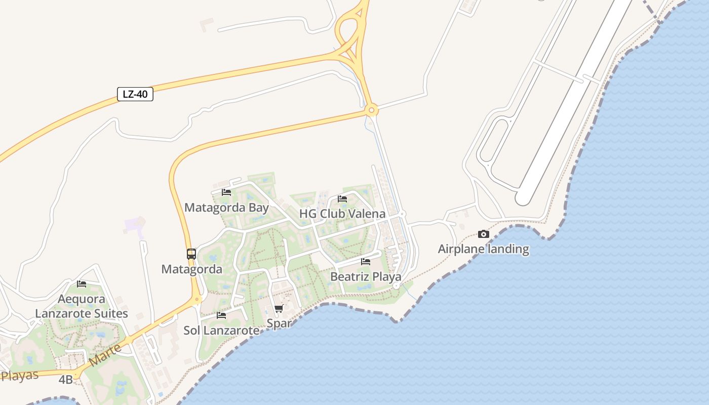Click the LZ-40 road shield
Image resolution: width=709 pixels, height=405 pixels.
click(135, 94)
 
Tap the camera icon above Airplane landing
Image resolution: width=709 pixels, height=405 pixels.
click(484, 234)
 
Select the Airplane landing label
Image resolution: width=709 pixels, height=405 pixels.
click(483, 249)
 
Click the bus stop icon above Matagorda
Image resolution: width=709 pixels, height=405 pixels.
click(191, 254)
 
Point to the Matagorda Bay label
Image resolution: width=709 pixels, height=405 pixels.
click(226, 208)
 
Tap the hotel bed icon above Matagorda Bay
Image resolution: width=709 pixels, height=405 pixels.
click(226, 192)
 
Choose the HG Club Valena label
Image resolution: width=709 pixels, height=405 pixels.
click(342, 214)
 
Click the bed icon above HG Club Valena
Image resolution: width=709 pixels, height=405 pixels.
click(342, 199)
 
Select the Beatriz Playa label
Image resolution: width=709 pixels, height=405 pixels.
click(366, 277)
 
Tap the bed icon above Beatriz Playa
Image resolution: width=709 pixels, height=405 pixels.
click(366, 262)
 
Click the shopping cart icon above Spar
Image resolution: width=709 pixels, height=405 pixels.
click(279, 309)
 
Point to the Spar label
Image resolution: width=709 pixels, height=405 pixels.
click(279, 323)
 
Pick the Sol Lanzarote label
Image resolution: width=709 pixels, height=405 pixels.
click(221, 331)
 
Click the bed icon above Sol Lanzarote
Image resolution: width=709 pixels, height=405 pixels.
click(221, 315)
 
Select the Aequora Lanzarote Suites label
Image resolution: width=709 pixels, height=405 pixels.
click(82, 306)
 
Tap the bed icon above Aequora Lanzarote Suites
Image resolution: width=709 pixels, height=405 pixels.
click(82, 284)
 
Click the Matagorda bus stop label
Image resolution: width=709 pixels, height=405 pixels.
click(191, 269)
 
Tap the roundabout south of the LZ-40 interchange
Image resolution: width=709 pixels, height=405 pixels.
click(372, 110)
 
